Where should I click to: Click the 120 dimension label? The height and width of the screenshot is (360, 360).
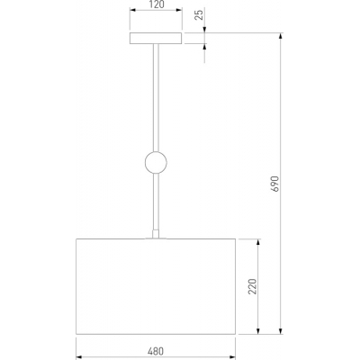[x=156, y=4]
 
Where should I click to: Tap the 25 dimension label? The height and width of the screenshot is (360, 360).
[x=199, y=14]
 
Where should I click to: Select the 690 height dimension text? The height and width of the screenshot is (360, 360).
[x=275, y=184]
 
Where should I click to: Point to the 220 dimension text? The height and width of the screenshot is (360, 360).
[x=253, y=286]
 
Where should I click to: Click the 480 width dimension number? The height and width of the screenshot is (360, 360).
[x=156, y=351]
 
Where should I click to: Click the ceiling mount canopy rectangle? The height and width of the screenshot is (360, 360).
[x=156, y=38]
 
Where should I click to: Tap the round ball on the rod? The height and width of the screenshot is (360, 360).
[x=156, y=163]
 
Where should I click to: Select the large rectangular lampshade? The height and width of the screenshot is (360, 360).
[x=156, y=286]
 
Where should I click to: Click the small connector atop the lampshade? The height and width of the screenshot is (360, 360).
[x=156, y=234]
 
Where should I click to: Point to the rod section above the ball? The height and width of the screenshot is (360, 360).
[x=156, y=98]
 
